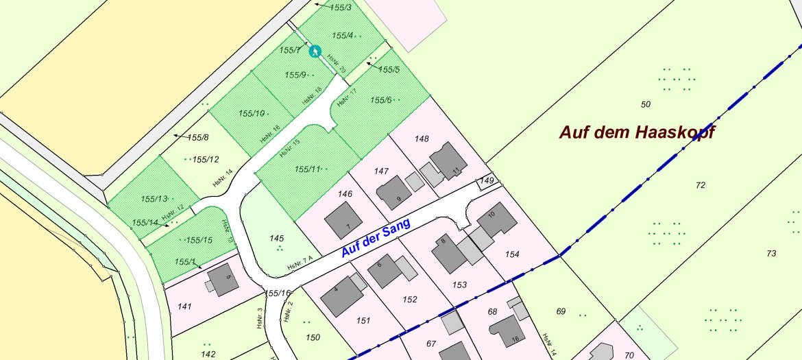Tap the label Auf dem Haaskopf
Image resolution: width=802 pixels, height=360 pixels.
(637, 132)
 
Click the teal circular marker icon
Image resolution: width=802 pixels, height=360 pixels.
(315, 51)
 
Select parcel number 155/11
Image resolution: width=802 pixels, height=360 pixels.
(308, 169)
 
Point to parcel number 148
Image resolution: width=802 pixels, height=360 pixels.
(422, 139)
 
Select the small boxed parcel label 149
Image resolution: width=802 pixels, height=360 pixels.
(487, 181)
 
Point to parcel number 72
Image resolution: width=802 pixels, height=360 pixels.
(700, 185)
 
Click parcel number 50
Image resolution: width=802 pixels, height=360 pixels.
(645, 104)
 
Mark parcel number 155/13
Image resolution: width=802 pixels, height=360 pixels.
(154, 199)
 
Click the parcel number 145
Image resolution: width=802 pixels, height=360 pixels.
(277, 239)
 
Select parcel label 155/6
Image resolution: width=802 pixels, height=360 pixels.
(380, 100)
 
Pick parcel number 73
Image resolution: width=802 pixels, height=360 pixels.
(771, 254)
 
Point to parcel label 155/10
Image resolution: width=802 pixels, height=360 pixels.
(252, 113)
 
